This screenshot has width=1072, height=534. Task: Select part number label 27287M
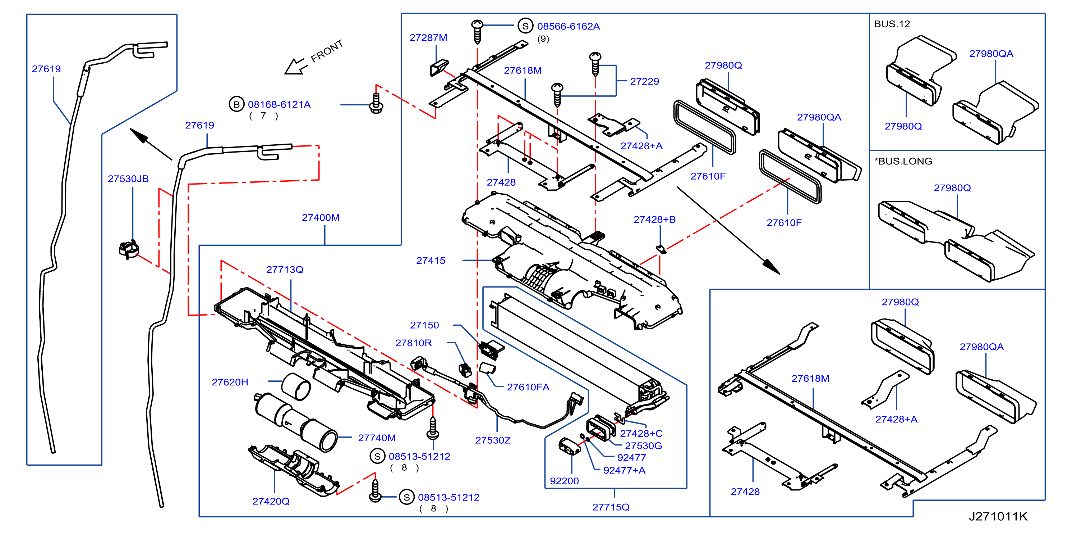pos(428,37)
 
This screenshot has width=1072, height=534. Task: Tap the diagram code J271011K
pos(998,516)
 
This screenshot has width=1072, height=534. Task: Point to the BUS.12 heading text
pos(892,24)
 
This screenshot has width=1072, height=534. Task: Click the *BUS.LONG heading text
pos(903,161)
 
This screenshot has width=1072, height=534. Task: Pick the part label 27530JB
pos(128,179)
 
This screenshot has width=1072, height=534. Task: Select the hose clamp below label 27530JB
pos(129,249)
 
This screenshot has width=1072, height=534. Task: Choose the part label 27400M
pos(321,217)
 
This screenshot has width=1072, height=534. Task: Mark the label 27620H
pos(230,382)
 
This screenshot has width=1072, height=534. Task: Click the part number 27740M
pos(377,438)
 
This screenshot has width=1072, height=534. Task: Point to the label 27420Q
pos(271,501)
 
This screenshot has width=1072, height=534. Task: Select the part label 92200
pos(564,481)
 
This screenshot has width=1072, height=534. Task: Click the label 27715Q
pos(611,507)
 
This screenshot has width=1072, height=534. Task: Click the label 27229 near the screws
pos(644,81)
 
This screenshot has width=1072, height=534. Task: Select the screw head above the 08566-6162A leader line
pos(477,24)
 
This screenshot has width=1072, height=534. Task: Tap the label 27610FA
pos(528,387)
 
